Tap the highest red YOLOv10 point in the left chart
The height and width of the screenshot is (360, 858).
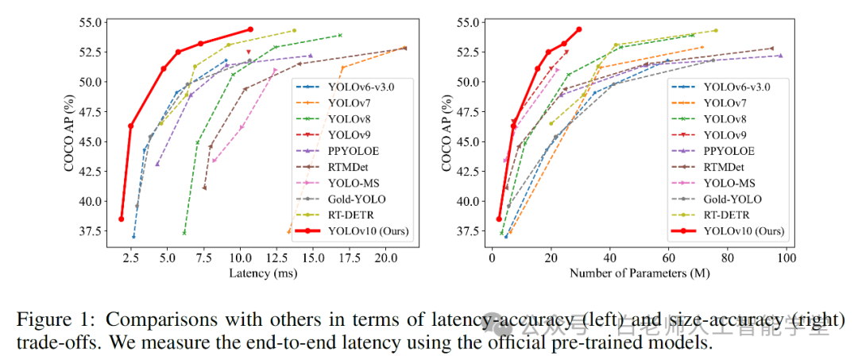(x=250, y=29)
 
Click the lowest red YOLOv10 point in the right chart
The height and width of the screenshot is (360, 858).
(x=499, y=219)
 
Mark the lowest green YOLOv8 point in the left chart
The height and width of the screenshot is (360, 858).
(x=184, y=233)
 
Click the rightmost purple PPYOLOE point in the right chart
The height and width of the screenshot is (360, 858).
(x=780, y=56)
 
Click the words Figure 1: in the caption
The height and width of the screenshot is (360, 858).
(x=56, y=319)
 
